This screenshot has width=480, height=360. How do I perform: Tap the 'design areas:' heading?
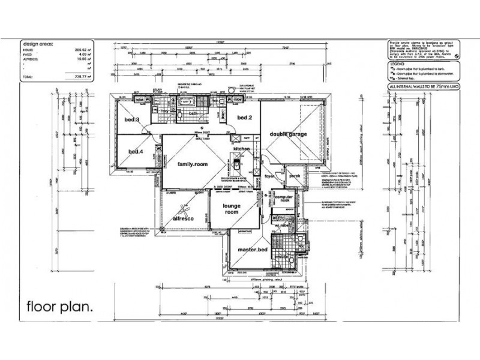pyautogui.click(x=38, y=44)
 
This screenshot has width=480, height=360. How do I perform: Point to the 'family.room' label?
pyautogui.click(x=191, y=164)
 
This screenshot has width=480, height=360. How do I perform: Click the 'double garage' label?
pyautogui.click(x=288, y=134)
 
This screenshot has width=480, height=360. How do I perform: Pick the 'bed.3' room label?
pyautogui.click(x=132, y=121)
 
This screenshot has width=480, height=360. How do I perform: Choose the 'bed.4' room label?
pyautogui.click(x=135, y=152)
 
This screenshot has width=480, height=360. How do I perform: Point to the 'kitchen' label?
pyautogui.click(x=241, y=148)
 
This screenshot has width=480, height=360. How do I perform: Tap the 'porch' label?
pyautogui.click(x=295, y=177)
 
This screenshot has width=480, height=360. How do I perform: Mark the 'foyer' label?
pyautogui.click(x=269, y=177)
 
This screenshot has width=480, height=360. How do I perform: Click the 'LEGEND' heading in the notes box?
pyautogui.click(x=397, y=62)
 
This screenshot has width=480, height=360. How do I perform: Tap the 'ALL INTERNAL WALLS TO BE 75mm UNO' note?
pyautogui.click(x=425, y=88)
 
